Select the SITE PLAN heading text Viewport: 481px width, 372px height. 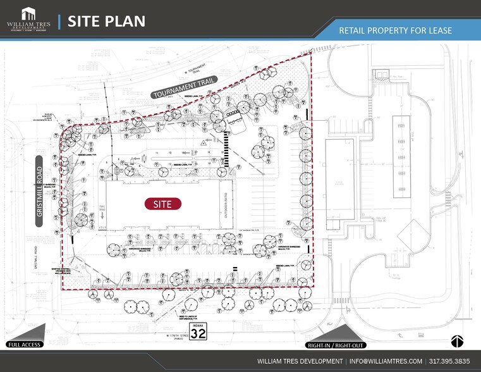106,21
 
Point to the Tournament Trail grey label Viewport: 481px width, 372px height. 184,88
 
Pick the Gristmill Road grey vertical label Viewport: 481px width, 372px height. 39,190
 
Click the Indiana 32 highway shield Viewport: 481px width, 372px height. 198,331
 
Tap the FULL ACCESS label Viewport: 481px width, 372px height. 24,344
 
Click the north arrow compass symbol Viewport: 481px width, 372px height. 458,341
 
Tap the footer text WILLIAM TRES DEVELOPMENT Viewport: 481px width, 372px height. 293,361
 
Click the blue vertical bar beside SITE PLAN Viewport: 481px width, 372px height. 59,21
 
